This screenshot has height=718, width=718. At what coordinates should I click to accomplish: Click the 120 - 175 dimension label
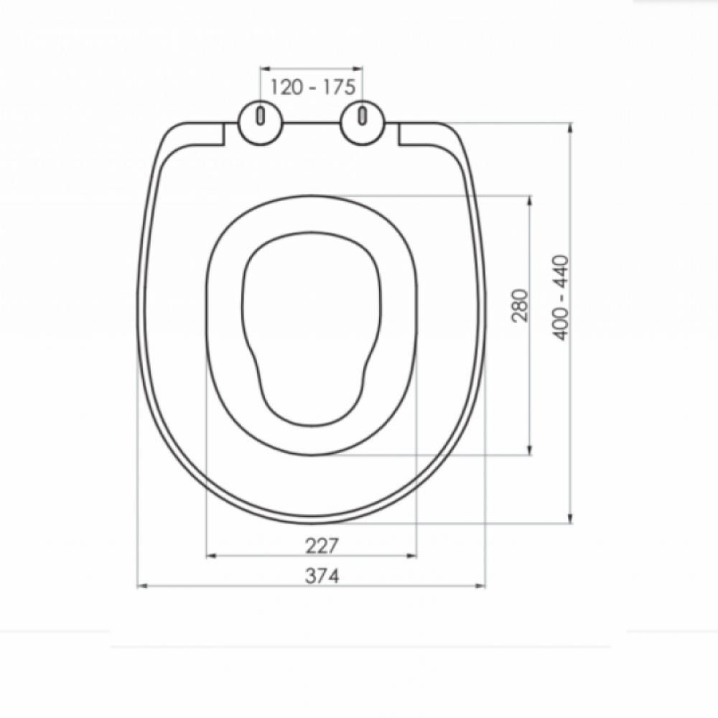[313, 87]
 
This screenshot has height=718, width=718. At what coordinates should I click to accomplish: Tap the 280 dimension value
[520, 305]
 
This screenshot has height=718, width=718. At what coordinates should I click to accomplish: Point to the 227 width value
[322, 546]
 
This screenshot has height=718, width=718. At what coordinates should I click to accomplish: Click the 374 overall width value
[322, 576]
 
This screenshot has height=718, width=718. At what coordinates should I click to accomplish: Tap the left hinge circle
[261, 121]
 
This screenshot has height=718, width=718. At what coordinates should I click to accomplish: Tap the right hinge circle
[363, 121]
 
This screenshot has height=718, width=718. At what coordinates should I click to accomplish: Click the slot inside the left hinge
[261, 116]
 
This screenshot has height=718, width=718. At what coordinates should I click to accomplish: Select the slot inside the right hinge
[363, 116]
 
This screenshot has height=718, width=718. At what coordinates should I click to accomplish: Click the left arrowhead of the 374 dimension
[142, 586]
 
